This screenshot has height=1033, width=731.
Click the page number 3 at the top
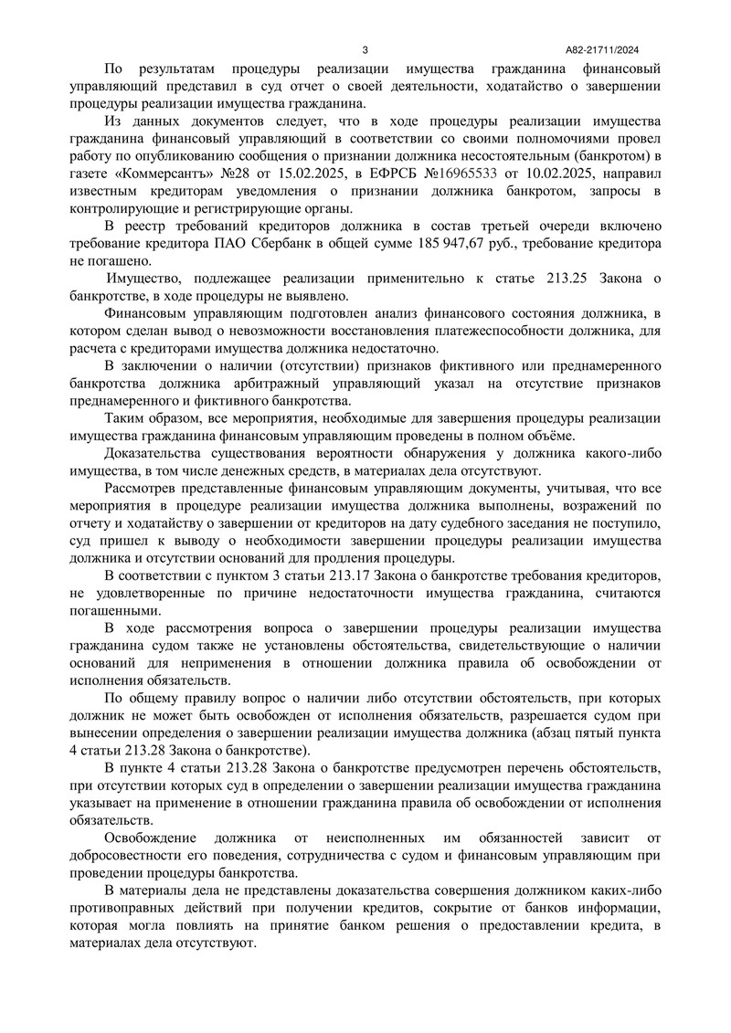[365, 49]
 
